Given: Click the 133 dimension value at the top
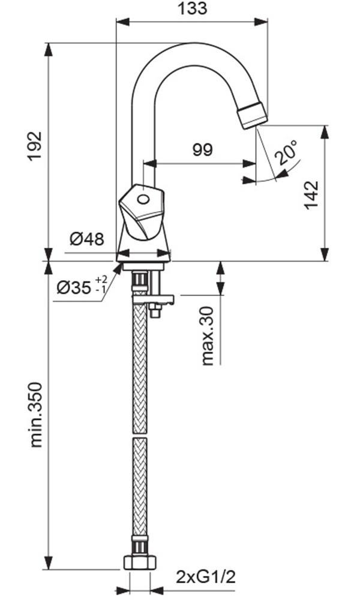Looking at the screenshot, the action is coord(193,8).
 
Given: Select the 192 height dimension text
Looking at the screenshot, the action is coord(35,146).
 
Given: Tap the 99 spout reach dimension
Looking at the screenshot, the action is coord(202,149).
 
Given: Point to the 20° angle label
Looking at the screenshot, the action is coord(287,152).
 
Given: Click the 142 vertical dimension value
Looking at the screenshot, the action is coord(312,195).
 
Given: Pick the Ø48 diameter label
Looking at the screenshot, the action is coord(87,239).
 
